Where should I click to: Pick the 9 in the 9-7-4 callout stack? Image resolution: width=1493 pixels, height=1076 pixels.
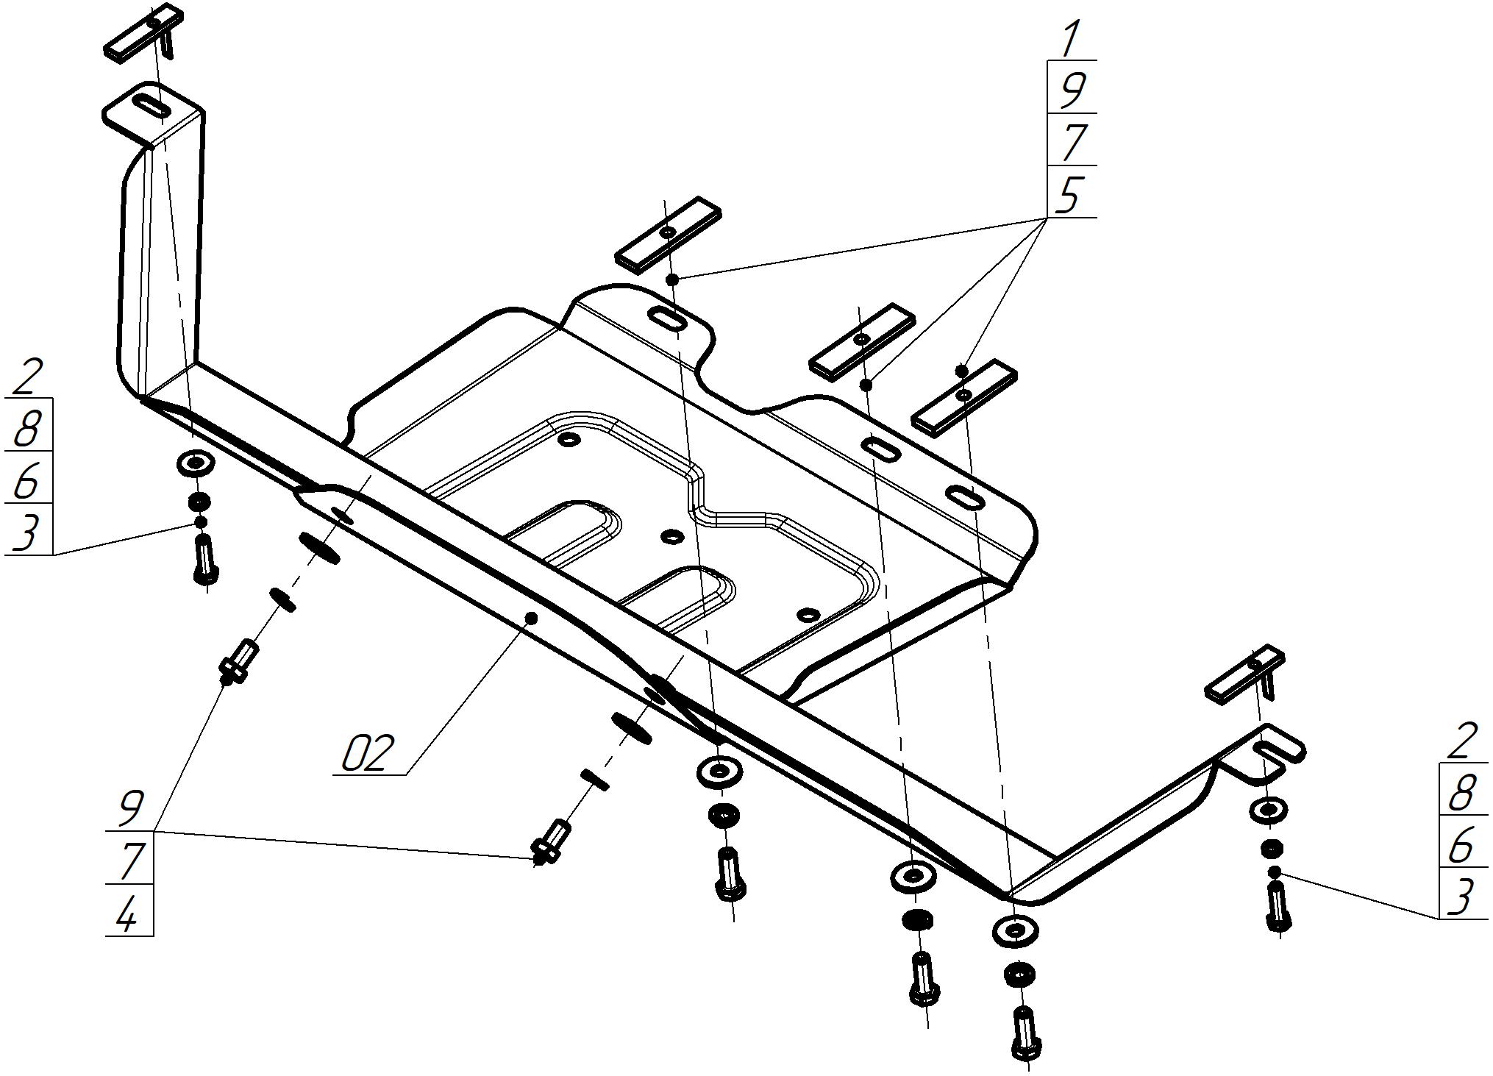tap(130, 809)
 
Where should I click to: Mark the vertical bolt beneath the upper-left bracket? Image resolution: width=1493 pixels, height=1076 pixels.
tap(204, 559)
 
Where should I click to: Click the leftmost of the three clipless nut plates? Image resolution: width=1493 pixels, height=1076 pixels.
tap(668, 233)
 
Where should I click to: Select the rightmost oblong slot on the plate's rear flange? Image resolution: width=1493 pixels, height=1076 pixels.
tap(966, 498)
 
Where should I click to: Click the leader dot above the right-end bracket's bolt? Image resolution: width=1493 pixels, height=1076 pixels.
tap(1276, 872)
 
